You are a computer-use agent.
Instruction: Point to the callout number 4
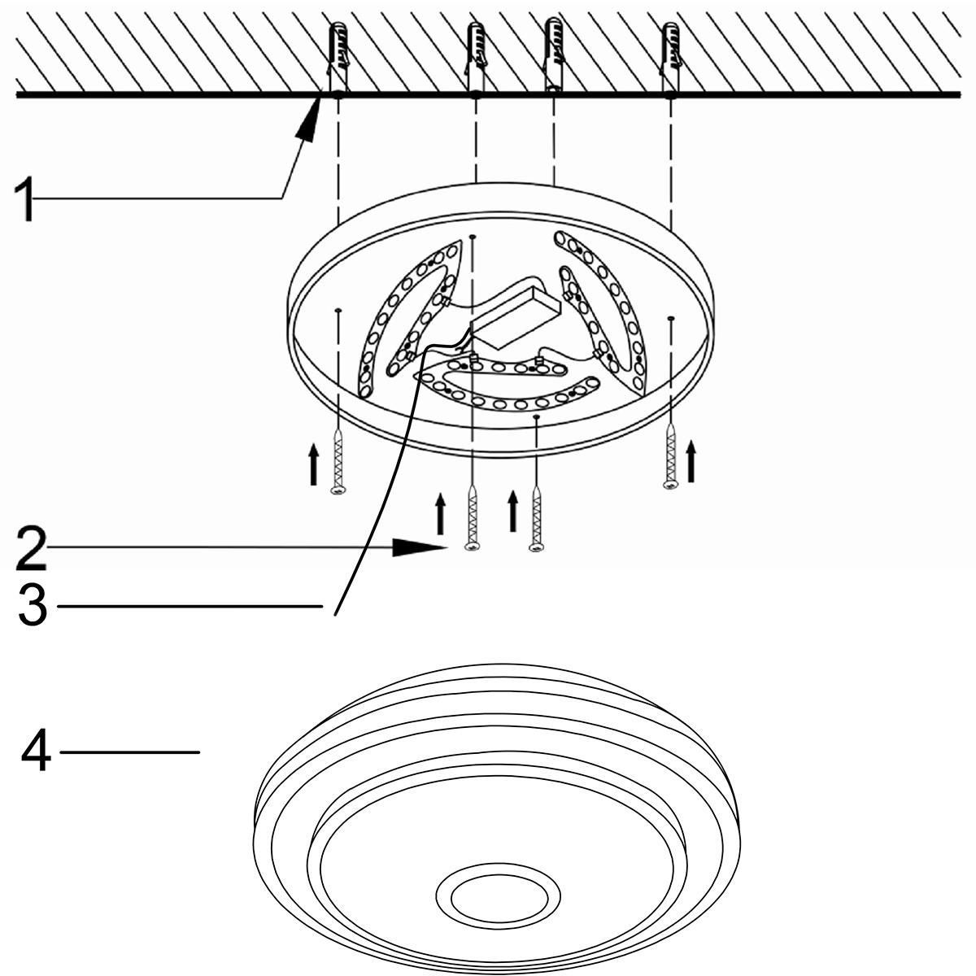36,752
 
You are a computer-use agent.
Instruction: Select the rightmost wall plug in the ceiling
670,59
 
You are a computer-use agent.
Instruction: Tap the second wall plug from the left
475,59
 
